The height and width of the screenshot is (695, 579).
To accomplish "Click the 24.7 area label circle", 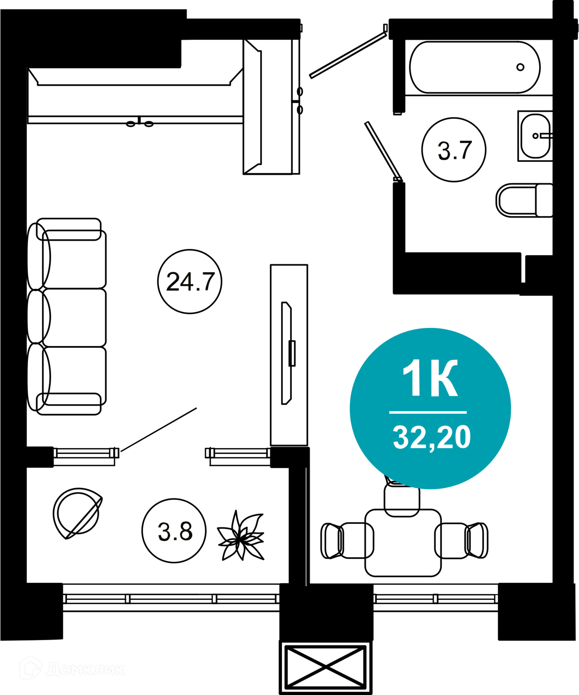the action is (190, 282).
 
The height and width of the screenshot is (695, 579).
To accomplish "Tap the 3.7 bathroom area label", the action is (454, 151).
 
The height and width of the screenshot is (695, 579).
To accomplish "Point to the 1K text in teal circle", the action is (430, 378).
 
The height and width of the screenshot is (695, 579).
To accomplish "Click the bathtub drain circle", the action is (520, 67).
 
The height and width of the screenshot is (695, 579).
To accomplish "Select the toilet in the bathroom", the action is (524, 200).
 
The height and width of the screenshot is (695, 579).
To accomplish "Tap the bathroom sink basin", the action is (535, 136).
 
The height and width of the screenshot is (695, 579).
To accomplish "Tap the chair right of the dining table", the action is (461, 541).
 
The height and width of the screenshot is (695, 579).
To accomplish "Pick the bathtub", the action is (475, 67).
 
